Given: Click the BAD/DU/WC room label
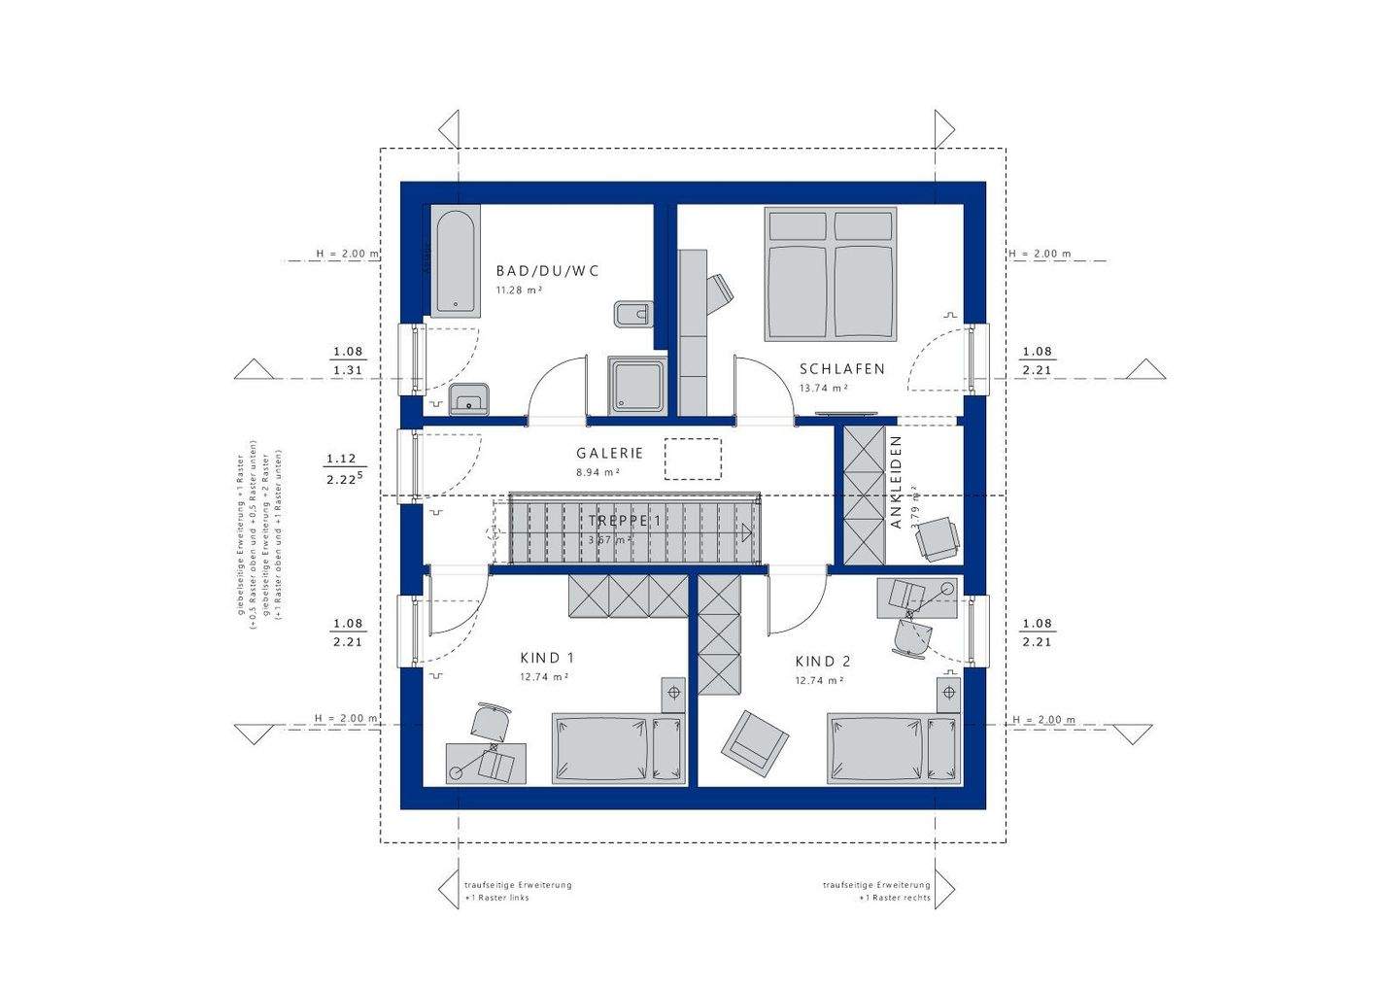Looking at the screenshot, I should (547, 271).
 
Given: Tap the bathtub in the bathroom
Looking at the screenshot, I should (456, 262).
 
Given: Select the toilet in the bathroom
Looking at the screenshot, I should (631, 314).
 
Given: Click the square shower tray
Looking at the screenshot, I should (638, 384).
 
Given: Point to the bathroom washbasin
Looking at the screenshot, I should (469, 398).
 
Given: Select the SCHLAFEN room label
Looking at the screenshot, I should (841, 369).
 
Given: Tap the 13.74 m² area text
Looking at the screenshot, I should (823, 388).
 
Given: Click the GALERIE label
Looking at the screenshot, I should (609, 453).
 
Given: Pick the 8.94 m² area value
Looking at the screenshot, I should (597, 472).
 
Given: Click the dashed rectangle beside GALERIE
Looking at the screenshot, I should (693, 459).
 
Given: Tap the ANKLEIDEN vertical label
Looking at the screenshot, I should (896, 482).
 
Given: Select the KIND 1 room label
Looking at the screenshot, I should (547, 658).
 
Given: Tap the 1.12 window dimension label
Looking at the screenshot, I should (342, 459).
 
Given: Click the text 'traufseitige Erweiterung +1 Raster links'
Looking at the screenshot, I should (517, 891).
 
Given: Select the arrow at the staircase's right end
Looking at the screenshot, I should (745, 531).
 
